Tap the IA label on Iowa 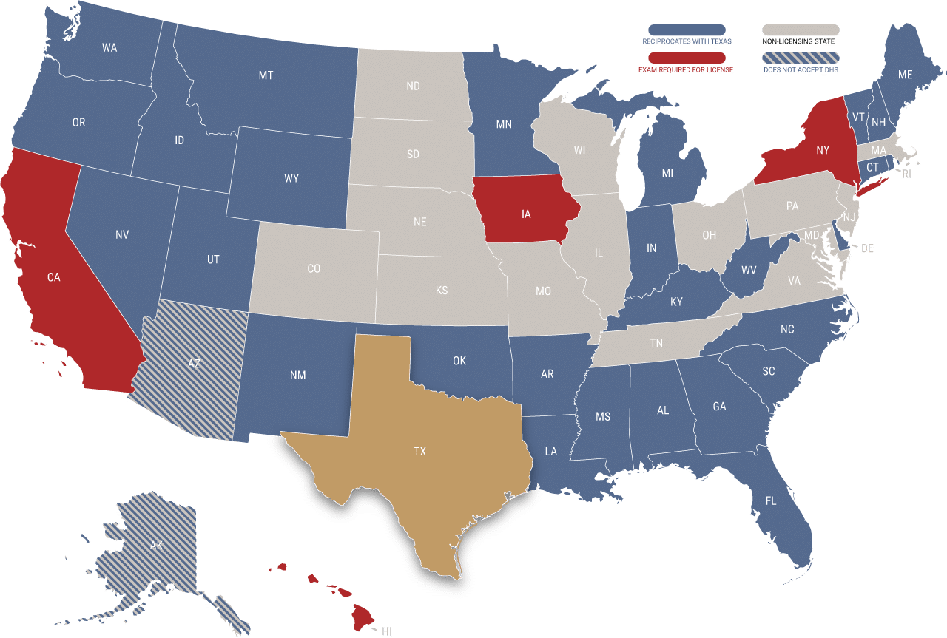[x=526, y=214]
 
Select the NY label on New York [x=823, y=150]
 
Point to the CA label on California [x=53, y=277]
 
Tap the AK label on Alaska [x=156, y=546]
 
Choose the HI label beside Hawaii [x=387, y=631]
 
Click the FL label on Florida [x=771, y=501]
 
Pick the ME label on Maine [x=905, y=75]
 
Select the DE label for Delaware [x=867, y=248]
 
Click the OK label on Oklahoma [x=459, y=361]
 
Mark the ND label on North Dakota [x=413, y=86]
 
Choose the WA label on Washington [x=109, y=48]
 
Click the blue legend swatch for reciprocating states [x=687, y=30]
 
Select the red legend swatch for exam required [x=687, y=57]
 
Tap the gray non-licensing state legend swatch [x=801, y=30]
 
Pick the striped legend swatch [x=801, y=57]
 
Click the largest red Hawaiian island [x=363, y=617]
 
